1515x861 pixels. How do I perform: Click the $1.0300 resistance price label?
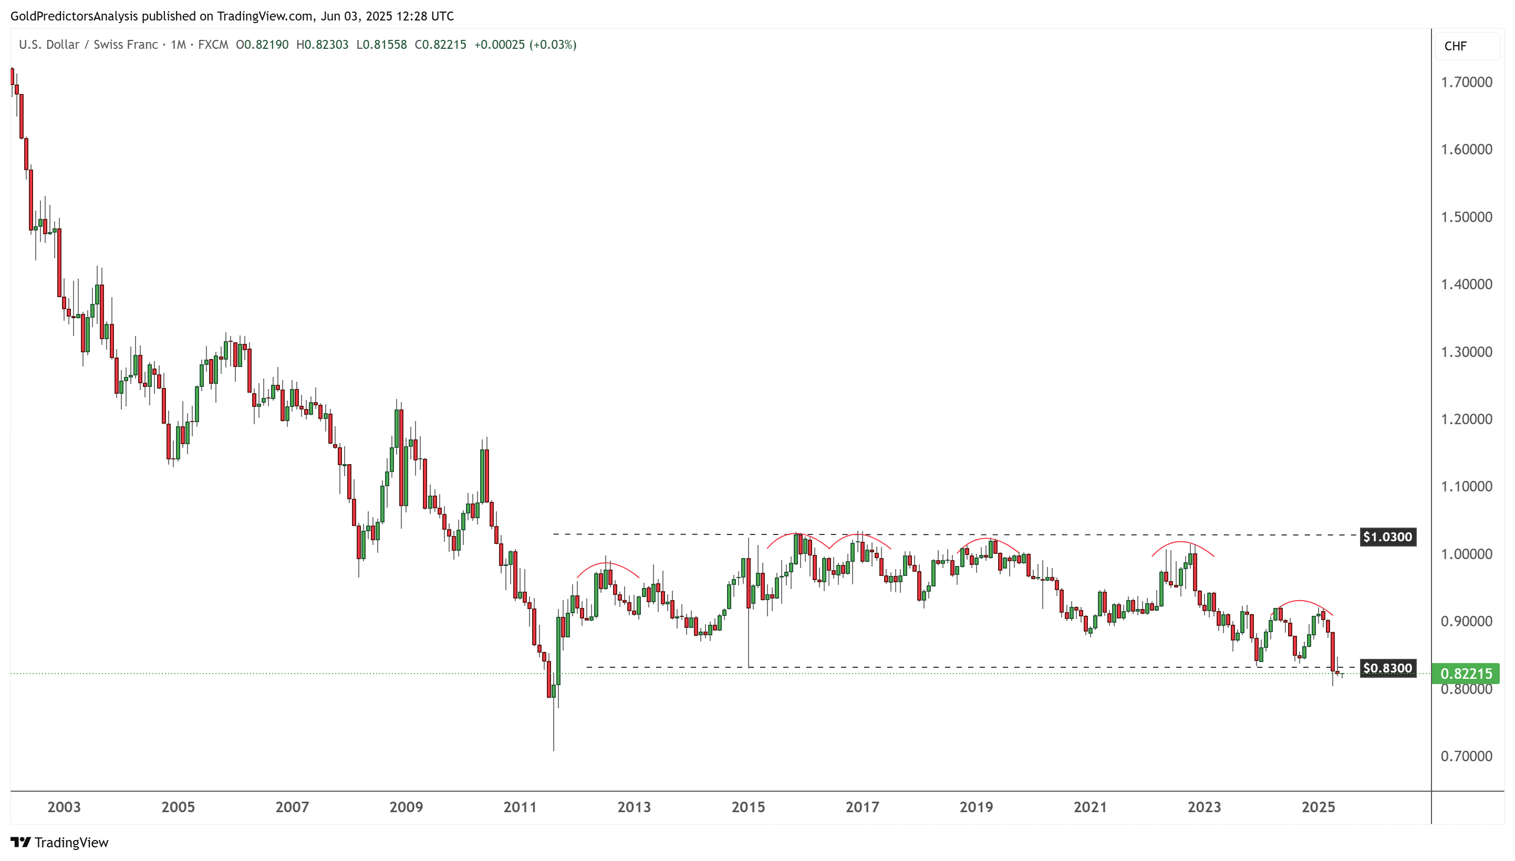point(1387,537)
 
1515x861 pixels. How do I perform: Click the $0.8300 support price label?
point(1387,668)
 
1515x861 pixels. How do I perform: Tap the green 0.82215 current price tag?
point(1466,674)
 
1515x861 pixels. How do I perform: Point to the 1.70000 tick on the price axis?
point(1466,82)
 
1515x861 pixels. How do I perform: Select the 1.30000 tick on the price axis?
point(1466,352)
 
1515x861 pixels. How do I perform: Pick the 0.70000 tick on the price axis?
point(1466,757)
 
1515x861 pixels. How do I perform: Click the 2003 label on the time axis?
point(64,807)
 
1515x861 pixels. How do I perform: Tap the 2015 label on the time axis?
point(748,807)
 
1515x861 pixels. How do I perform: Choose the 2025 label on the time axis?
point(1318,807)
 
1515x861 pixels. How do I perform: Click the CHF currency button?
point(1455,46)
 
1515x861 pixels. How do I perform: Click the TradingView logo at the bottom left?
point(60,842)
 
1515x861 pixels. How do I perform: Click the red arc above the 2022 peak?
point(1181,542)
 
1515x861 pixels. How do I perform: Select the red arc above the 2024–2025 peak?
point(1300,602)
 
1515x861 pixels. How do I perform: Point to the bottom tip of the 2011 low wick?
point(554,750)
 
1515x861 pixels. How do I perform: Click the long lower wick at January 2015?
point(749,638)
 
